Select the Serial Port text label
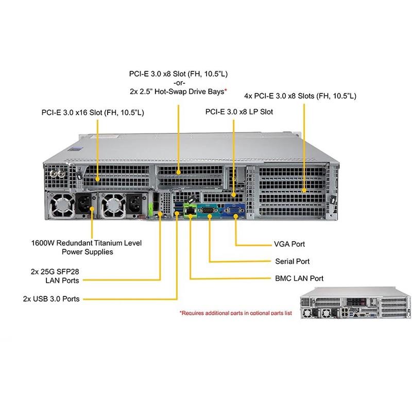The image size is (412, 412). (x=291, y=261)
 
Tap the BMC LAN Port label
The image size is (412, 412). (x=299, y=279)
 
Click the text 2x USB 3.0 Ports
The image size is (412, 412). (x=51, y=298)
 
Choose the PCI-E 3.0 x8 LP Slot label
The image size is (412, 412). (x=239, y=111)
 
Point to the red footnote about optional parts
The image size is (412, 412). (x=235, y=313)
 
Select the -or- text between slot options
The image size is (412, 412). (x=178, y=83)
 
